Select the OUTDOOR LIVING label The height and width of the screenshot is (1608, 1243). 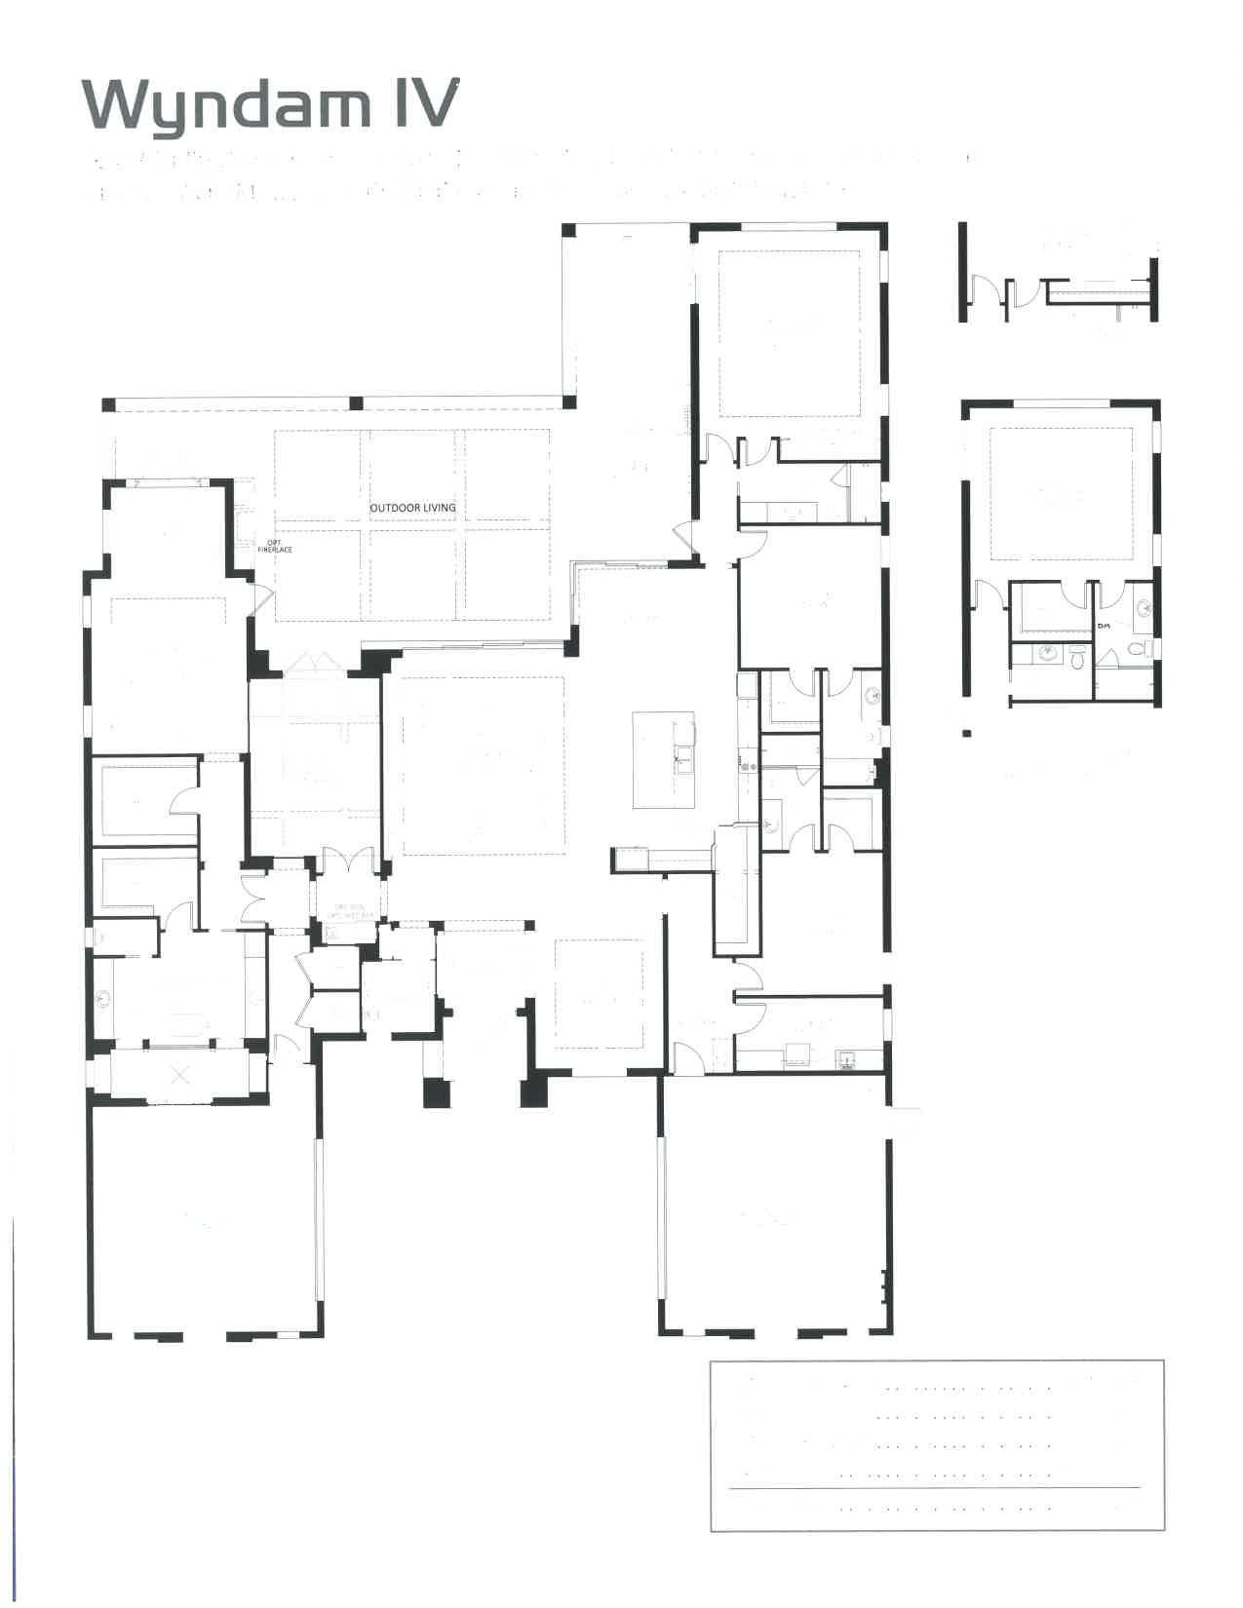coord(412,508)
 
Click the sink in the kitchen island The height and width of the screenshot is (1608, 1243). coord(682,754)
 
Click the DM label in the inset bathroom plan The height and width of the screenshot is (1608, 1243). coord(1104,626)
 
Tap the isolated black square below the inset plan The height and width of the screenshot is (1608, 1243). coord(967,733)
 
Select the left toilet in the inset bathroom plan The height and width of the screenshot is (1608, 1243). coord(1078,658)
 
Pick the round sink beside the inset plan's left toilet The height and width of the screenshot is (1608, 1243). coord(1049,652)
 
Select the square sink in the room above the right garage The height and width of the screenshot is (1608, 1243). coord(846,1058)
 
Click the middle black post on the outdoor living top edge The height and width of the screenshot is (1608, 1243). coord(357,402)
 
